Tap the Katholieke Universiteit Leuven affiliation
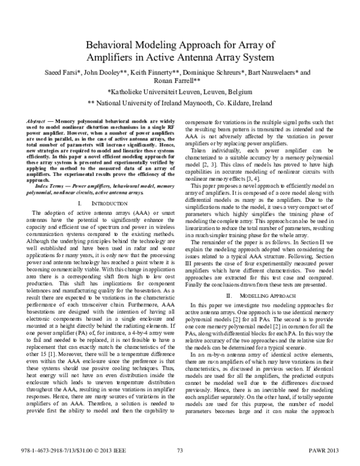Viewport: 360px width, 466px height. (179, 92)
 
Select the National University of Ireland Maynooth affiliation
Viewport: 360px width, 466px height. (179, 103)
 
